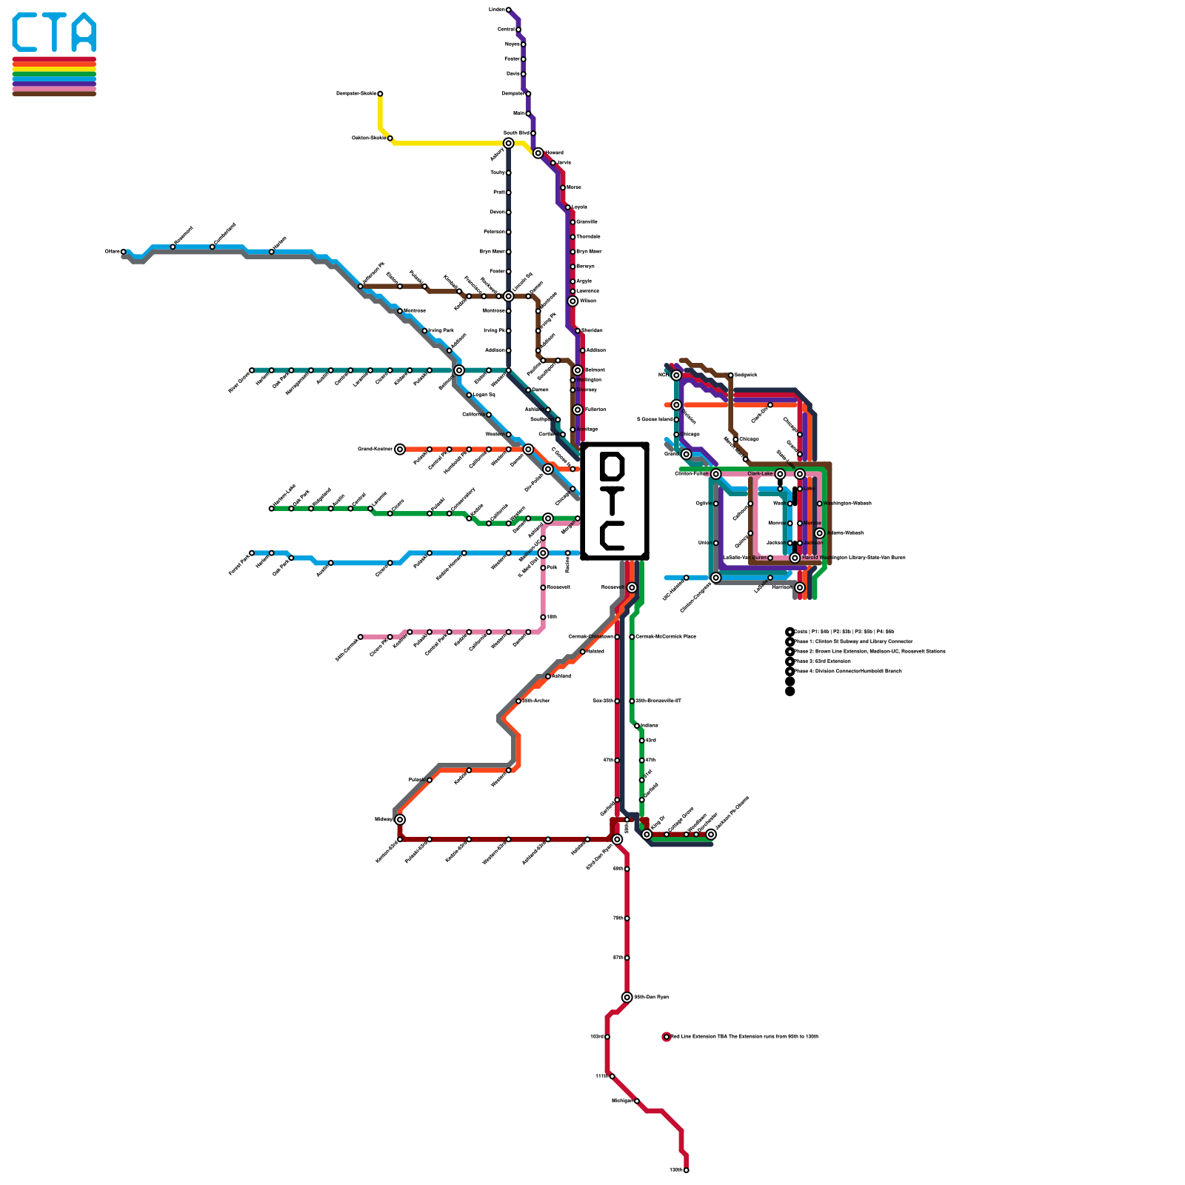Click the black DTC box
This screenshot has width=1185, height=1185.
(615, 501)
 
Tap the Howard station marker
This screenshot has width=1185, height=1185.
(538, 153)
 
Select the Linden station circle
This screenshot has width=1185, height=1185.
(508, 10)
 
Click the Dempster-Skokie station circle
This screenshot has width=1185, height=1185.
(380, 94)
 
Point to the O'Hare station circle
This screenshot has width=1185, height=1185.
(123, 252)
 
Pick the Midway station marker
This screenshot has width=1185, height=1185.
(400, 819)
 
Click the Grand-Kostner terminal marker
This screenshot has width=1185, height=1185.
(400, 449)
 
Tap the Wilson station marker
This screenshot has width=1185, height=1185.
(573, 301)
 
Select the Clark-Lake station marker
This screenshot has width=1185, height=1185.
(780, 474)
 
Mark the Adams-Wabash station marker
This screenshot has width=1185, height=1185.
(819, 533)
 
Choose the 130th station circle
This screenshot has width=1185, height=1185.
(687, 1170)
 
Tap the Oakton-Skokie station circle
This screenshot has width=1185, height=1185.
(390, 138)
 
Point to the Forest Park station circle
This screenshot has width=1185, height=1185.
(252, 553)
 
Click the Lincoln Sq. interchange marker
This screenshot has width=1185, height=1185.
(508, 296)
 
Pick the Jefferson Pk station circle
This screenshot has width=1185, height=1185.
(361, 287)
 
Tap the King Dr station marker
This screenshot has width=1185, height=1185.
(647, 835)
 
